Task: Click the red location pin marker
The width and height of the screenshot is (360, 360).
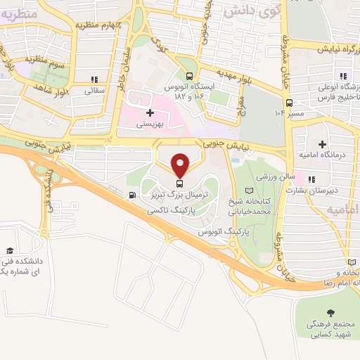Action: [x=181, y=164]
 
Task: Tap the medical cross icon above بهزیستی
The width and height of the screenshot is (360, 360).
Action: [x=149, y=112]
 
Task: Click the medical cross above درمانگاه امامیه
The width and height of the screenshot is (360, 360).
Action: [x=322, y=144]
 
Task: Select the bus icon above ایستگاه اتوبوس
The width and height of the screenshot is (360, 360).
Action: [x=188, y=77]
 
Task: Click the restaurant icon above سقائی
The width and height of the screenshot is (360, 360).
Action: [x=94, y=79]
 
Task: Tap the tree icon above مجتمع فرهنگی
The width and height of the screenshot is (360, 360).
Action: [x=330, y=312]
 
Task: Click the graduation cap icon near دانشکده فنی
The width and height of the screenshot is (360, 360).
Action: [x=10, y=251]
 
